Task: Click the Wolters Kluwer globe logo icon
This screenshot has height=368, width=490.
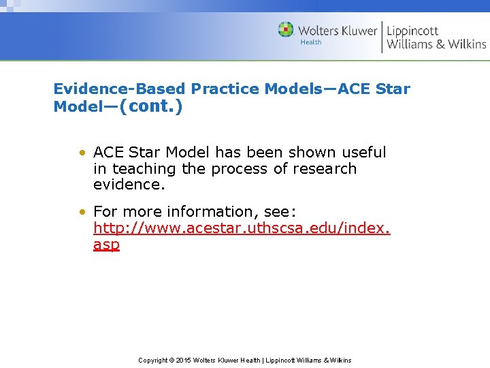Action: coord(286,30)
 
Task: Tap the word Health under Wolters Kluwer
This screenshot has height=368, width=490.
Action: coord(310,42)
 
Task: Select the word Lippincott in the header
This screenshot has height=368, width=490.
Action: coord(412,31)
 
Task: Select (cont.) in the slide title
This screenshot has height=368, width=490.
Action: coord(151,107)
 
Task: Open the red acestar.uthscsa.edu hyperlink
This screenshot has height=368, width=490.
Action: coord(242,228)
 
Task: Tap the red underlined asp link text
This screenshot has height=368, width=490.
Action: coord(106,244)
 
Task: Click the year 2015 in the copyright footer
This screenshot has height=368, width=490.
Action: coord(184,360)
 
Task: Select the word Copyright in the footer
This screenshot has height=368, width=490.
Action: coord(153,360)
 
